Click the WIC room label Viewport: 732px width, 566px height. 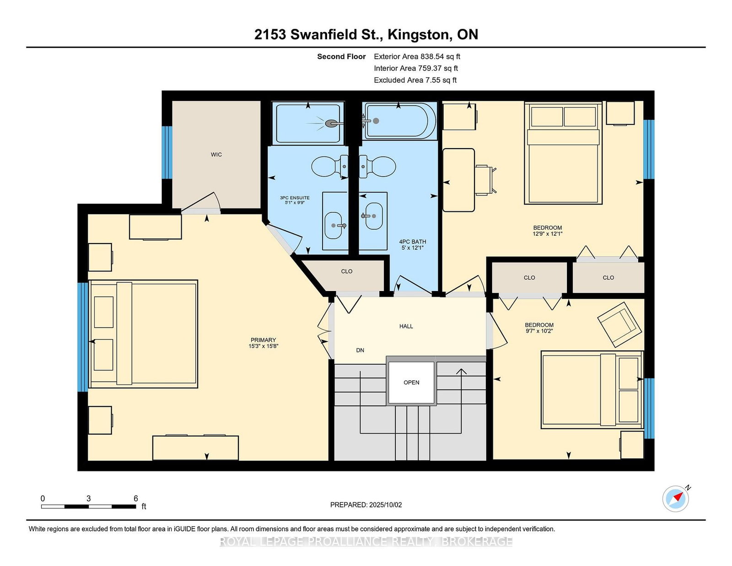point(216,155)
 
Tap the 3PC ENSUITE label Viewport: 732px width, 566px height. point(295,198)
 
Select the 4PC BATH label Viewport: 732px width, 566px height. point(412,242)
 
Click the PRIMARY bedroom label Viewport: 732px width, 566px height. point(263,340)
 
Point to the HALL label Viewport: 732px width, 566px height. point(406,326)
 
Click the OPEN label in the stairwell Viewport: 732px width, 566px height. point(411,383)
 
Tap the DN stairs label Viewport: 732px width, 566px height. point(360,350)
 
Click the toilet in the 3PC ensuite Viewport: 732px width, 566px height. point(329,166)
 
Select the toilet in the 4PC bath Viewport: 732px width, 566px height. point(377,166)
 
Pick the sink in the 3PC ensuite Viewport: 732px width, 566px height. point(334,226)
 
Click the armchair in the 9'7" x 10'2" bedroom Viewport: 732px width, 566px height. point(619,324)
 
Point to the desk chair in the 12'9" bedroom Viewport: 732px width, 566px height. point(486,180)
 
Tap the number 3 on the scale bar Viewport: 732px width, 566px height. point(89,498)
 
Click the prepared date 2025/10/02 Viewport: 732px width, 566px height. point(385,505)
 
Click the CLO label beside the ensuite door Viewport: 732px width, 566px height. point(347,271)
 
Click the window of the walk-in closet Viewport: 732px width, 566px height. point(167,152)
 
